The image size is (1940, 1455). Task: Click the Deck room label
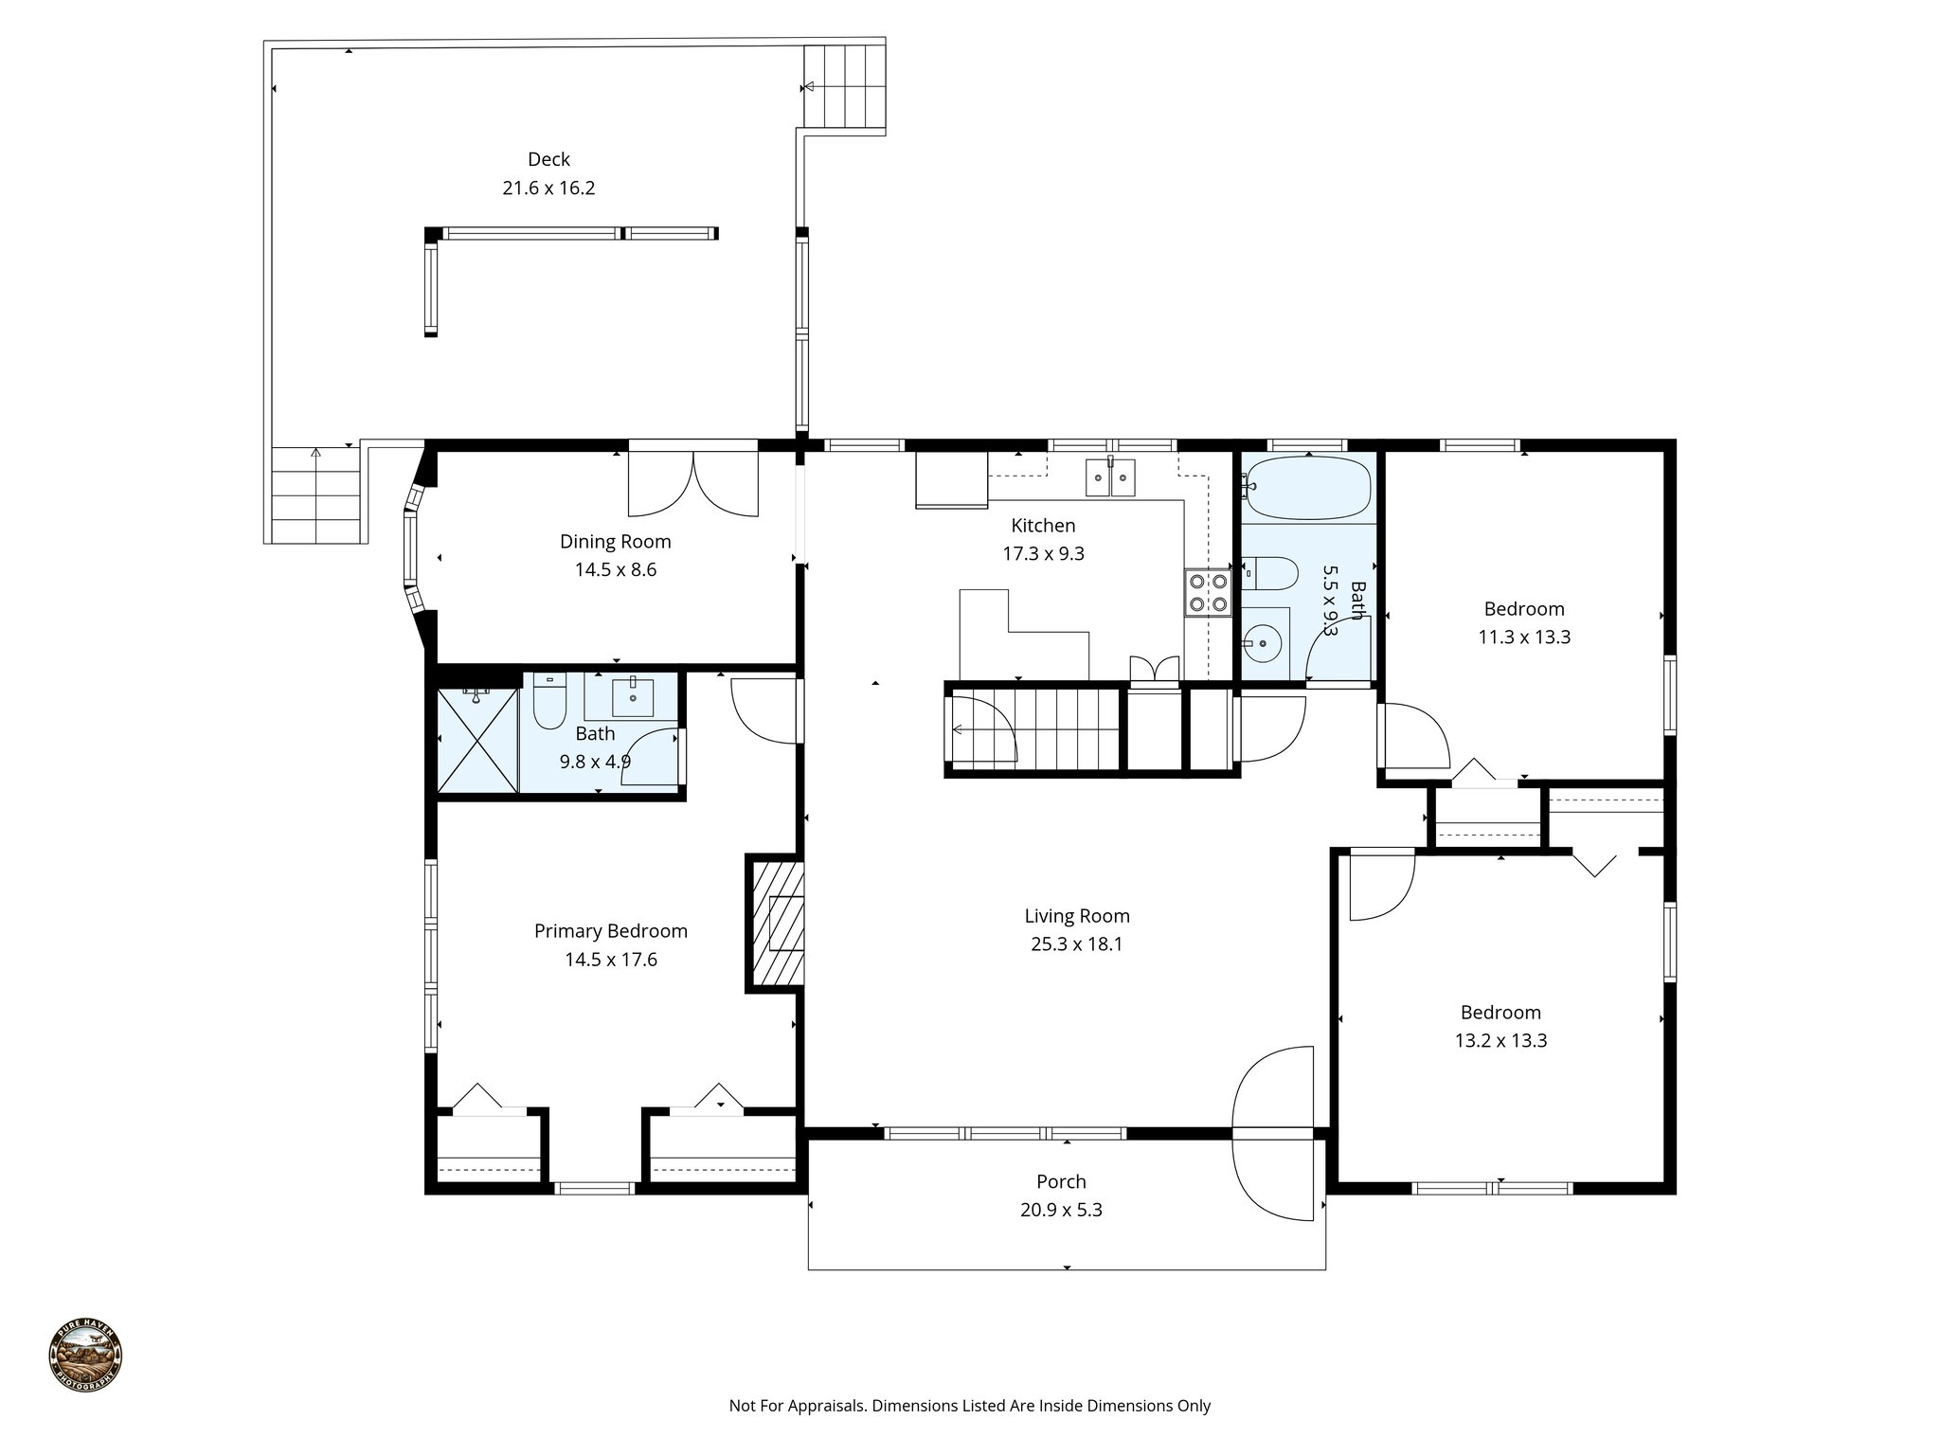[548, 159]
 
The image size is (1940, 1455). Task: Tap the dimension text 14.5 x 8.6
[615, 570]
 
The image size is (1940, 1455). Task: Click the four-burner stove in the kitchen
[1208, 593]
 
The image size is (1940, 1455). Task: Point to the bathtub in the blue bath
[1308, 488]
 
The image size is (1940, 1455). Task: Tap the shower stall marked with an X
[477, 739]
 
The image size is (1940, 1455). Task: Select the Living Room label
[1077, 916]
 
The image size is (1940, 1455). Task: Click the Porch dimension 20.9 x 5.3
[1061, 1210]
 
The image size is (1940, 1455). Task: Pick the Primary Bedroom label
[611, 931]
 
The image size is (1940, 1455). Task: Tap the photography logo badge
[85, 1356]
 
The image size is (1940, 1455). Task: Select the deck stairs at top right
[844, 86]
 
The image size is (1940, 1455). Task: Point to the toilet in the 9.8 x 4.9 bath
[549, 703]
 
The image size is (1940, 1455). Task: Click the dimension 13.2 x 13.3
[1500, 1041]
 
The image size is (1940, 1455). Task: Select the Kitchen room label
[1043, 526]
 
